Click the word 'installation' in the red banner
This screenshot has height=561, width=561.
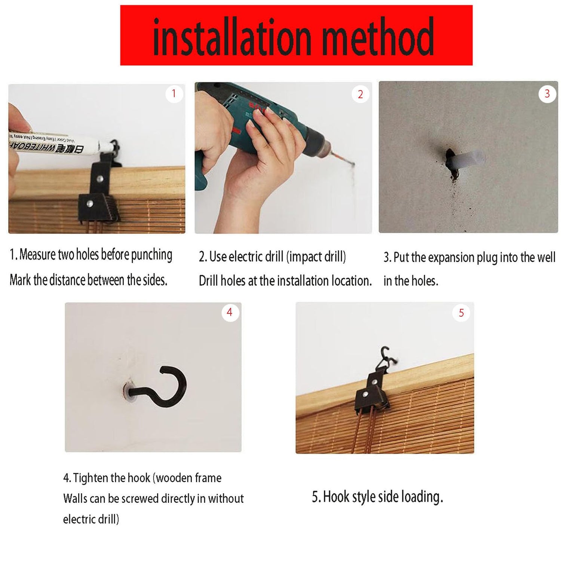click(x=232, y=37)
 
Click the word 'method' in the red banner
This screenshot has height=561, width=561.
click(x=378, y=37)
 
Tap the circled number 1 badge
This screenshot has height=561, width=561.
click(x=174, y=93)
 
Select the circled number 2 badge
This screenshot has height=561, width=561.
click(x=360, y=94)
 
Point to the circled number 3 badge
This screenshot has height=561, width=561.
click(x=547, y=93)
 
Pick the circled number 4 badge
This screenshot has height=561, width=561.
click(x=230, y=312)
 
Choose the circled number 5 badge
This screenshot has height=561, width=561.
click(x=461, y=313)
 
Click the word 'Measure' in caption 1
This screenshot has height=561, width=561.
click(x=37, y=255)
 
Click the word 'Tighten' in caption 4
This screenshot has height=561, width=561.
click(x=91, y=478)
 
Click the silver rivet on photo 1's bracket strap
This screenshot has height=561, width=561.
click(x=99, y=179)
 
